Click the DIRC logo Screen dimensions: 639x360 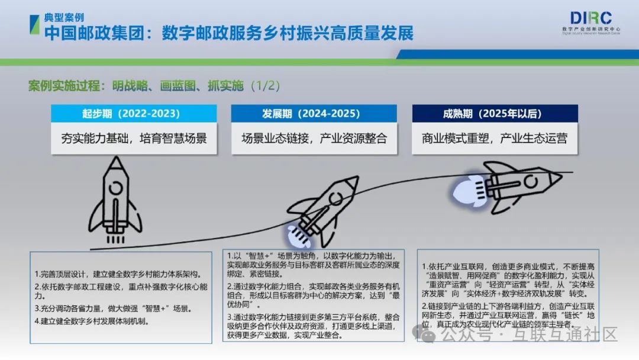click(591, 23)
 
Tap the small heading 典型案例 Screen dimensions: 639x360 click(64, 18)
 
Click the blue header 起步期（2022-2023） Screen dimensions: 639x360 click(134, 113)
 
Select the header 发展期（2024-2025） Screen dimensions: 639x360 click(314, 113)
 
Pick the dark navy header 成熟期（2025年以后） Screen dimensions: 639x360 click(495, 113)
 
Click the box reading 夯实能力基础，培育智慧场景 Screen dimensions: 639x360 click(134, 139)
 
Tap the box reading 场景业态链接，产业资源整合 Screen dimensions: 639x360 click(314, 139)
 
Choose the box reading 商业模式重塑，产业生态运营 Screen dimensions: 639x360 click(495, 139)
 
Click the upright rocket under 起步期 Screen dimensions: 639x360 click(116, 200)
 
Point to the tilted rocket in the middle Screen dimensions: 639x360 click(321, 212)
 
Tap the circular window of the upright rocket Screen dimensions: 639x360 click(116, 188)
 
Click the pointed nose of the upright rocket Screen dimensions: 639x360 click(116, 157)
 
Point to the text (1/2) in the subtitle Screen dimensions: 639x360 click(265, 86)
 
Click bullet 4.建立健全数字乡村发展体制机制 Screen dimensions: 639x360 click(92, 322)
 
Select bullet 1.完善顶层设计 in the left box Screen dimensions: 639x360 click(118, 274)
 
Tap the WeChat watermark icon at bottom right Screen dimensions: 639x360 click(424, 333)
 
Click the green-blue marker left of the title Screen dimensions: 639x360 click(35, 25)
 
